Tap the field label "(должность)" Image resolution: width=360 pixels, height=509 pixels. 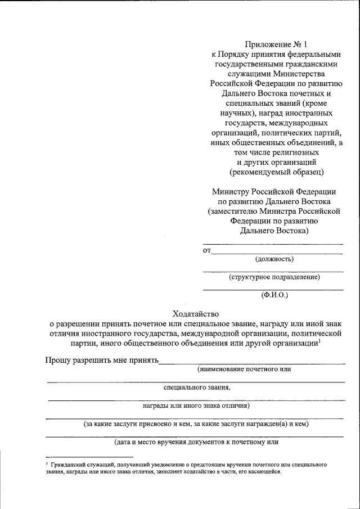274,259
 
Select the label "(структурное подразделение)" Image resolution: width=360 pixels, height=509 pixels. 274,277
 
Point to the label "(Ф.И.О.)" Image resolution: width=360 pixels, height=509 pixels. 274,295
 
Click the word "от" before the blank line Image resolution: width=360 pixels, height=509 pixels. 206,250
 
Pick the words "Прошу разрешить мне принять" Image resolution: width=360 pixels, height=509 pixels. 102,360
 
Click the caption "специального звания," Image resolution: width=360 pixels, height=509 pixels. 197,388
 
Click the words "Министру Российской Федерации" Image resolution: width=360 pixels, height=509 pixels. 274,192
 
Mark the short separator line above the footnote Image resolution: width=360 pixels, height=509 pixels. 89,457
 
